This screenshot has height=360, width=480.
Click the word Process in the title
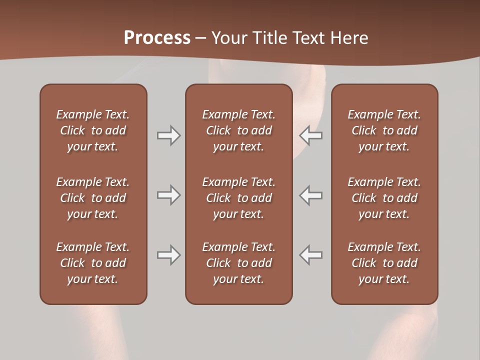click(157, 38)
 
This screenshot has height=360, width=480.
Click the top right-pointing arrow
click(168, 135)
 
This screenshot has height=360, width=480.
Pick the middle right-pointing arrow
click(168, 195)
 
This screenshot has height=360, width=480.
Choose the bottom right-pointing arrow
click(168, 255)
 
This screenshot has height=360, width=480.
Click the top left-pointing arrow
click(311, 135)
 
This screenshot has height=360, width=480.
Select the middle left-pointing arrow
click(311, 195)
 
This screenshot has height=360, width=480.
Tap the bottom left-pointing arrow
click(311, 255)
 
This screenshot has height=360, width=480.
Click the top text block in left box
click(93, 130)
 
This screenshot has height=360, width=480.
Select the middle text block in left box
click(93, 198)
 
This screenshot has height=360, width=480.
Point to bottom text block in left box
click(93, 263)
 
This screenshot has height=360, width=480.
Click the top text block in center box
click(238, 130)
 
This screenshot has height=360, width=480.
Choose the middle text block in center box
click(238, 198)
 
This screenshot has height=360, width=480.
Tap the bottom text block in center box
click(238, 263)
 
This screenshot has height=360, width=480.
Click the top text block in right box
click(384, 130)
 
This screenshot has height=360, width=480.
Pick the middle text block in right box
click(384, 198)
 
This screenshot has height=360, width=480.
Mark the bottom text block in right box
click(384, 263)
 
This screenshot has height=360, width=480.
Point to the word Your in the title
click(228, 38)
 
